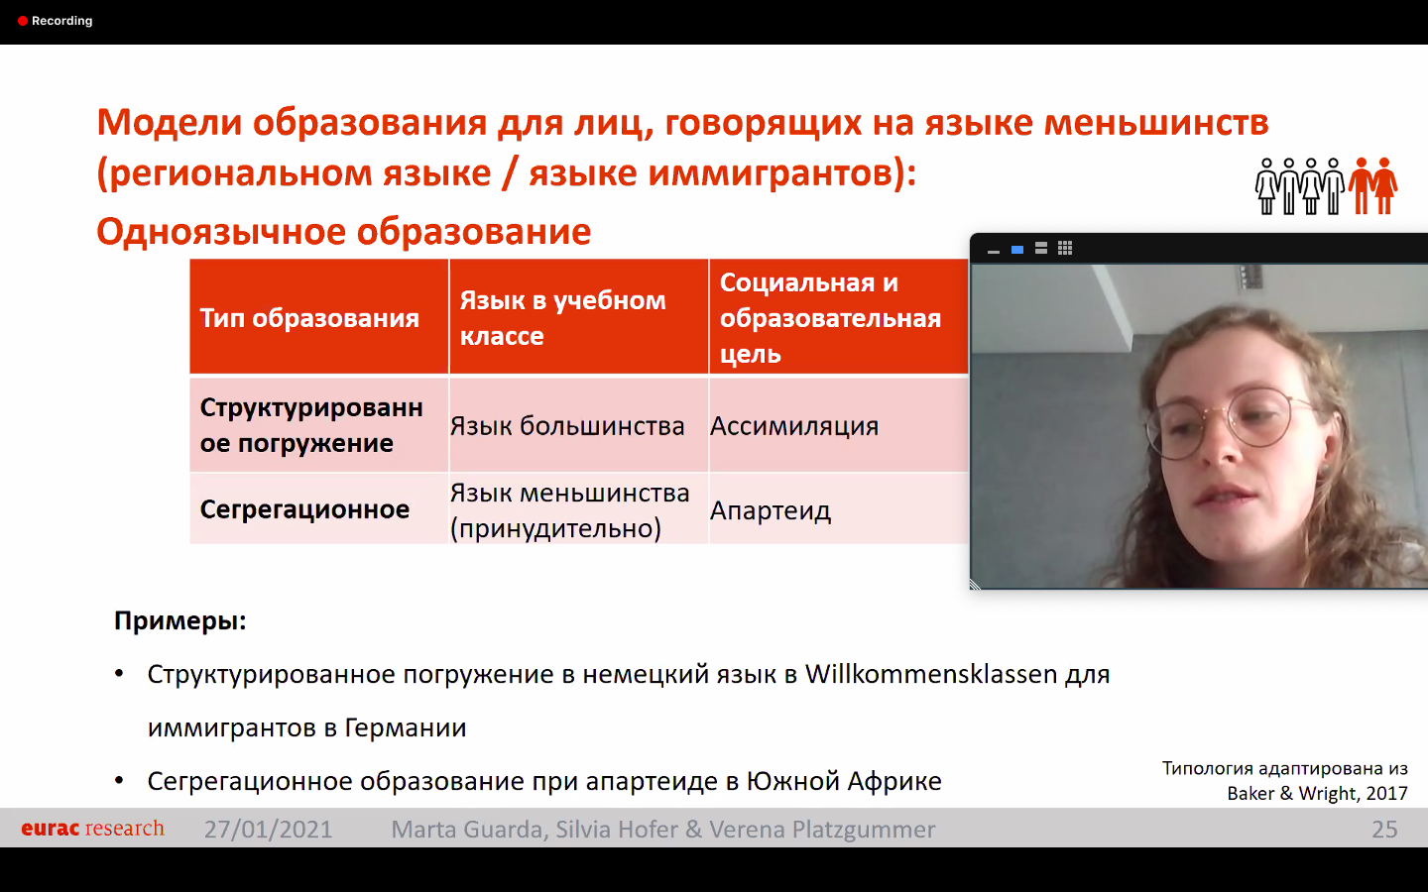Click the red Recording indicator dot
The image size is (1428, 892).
click(x=22, y=21)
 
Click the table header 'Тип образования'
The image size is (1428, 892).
click(x=309, y=318)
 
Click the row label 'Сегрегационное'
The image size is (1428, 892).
click(x=304, y=509)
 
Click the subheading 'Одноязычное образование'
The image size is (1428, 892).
click(x=343, y=231)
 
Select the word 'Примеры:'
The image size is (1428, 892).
click(x=180, y=620)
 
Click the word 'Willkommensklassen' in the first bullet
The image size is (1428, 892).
click(x=931, y=674)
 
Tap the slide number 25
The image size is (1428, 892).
click(x=1384, y=829)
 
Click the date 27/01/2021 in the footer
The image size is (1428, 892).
click(x=268, y=829)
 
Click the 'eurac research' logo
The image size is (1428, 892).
click(x=92, y=829)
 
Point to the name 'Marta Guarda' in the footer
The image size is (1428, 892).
click(x=466, y=829)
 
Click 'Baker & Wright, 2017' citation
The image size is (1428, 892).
click(x=1317, y=793)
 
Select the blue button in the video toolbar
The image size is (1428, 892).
click(x=1017, y=250)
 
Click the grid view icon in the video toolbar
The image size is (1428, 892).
click(x=1065, y=249)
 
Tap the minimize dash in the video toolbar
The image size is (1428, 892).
click(x=994, y=253)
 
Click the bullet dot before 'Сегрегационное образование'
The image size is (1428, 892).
click(x=119, y=781)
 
